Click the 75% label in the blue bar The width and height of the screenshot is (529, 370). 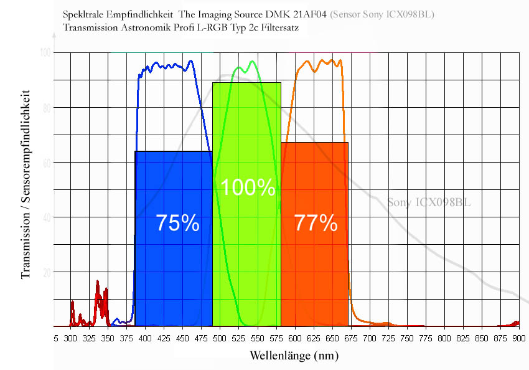pos(177,223)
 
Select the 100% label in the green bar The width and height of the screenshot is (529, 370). pos(248,187)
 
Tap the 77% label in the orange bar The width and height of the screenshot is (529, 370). pos(316,222)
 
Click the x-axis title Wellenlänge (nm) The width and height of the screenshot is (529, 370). pos(294,356)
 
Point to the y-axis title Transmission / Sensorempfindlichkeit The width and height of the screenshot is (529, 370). pos(26,187)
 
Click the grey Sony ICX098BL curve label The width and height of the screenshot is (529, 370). pos(429,202)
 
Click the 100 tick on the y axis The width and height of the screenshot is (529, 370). pos(44,53)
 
